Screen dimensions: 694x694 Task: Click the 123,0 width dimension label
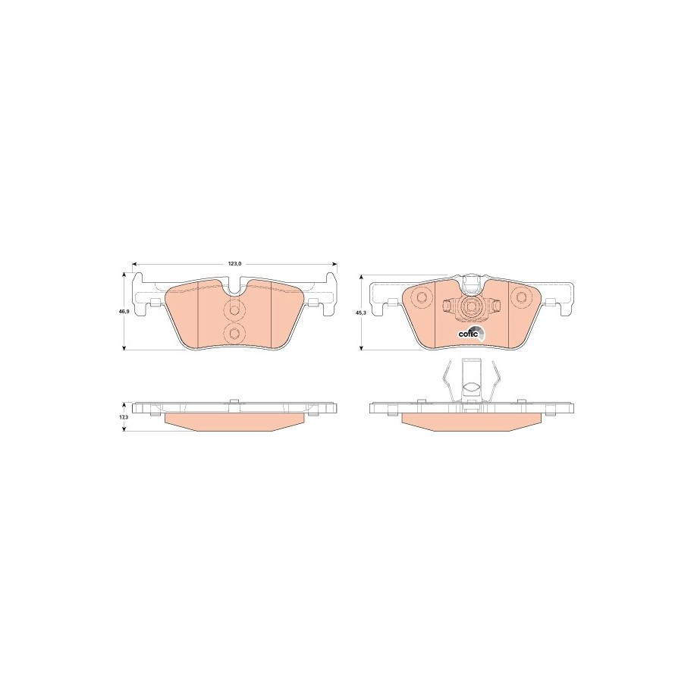[x=234, y=263]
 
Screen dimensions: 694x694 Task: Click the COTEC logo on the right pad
[x=468, y=334]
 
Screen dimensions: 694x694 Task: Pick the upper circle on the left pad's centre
[x=234, y=309]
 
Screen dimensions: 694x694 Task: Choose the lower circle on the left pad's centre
[x=234, y=334]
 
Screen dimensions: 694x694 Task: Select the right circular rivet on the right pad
[x=520, y=296]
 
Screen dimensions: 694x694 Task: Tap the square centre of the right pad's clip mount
[x=471, y=307]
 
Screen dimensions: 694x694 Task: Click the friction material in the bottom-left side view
[x=234, y=421]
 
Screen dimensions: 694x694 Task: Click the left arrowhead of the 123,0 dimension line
[x=136, y=263]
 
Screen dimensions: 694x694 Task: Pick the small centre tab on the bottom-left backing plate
[x=234, y=400]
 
